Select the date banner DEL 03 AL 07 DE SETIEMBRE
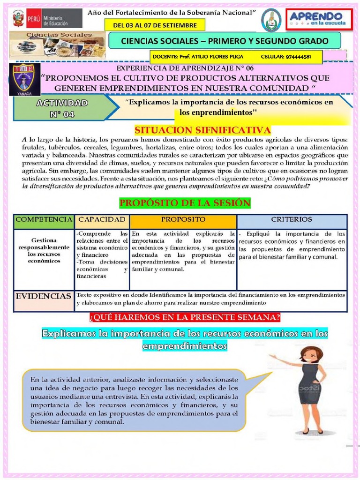155,25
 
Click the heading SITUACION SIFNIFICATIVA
202,130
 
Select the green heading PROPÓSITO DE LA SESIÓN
185,203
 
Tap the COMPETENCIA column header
44,219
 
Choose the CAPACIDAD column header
102,219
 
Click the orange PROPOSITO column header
183,219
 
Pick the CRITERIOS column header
292,219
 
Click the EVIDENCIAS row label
44,296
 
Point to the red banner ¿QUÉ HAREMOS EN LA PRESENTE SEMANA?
185,318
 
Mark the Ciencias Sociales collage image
57,45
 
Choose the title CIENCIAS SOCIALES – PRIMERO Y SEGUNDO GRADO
225,41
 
